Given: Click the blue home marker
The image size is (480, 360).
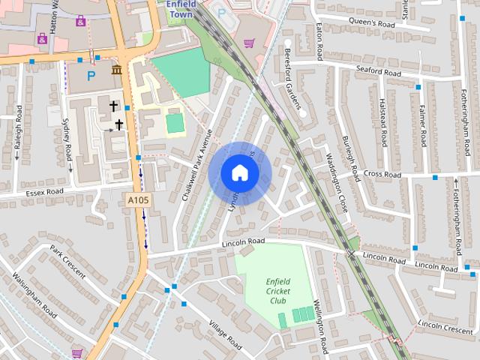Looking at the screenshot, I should [x=239, y=172].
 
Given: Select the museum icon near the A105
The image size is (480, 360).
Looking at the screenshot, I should [x=116, y=70].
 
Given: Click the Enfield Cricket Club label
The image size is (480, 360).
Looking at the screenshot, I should [x=278, y=290].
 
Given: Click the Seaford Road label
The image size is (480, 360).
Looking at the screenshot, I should [x=379, y=71].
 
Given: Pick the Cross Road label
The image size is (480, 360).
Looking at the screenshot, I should [x=382, y=174].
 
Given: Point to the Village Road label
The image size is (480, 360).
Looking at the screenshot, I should [x=226, y=335].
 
